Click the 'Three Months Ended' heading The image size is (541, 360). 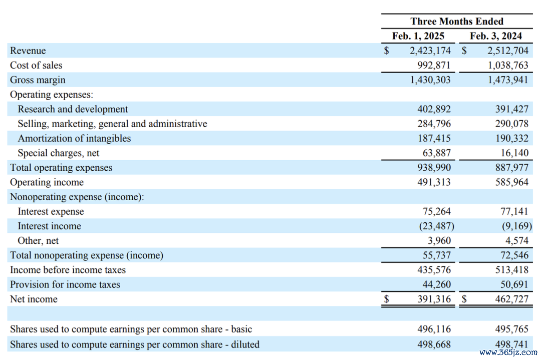point(457,22)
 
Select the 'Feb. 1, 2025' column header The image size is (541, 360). point(418,36)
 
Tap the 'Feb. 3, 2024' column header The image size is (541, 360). point(495,36)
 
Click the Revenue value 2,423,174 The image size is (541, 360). point(430,51)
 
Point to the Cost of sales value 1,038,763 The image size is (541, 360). point(507,65)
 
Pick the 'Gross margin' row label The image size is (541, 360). point(38,80)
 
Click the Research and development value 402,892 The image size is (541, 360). point(434,109)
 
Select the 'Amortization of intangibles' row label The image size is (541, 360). point(74,138)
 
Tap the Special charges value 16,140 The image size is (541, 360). point(514,153)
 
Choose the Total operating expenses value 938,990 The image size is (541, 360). point(434,168)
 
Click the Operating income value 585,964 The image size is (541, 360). point(511,182)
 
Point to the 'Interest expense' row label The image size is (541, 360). point(51,211)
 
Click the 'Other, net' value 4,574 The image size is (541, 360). point(517,241)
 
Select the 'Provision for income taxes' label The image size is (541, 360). point(65,284)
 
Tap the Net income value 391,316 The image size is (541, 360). point(434,299)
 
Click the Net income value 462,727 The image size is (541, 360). point(511,299)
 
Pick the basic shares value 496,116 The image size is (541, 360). point(434,329)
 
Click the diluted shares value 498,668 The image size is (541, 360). point(434,344)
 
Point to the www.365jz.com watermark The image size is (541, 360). point(508,352)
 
